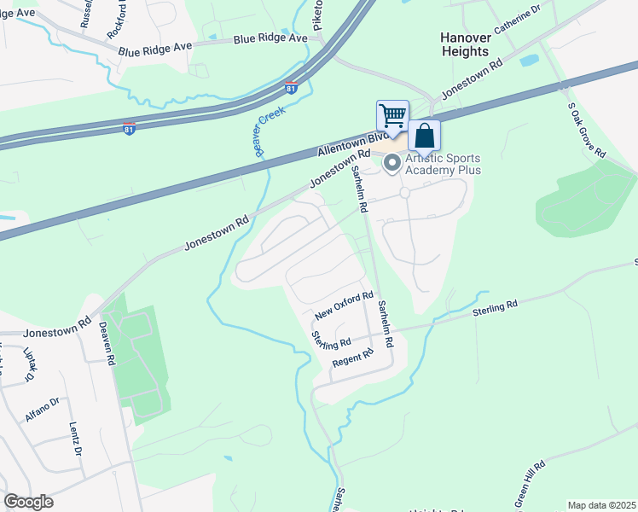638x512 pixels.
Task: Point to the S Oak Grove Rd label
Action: pyautogui.click(x=586, y=130)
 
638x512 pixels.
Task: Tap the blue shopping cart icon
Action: pyautogui.click(x=392, y=114)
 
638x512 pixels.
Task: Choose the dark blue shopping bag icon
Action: pyautogui.click(x=425, y=137)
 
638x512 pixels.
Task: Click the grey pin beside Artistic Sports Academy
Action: pyautogui.click(x=393, y=165)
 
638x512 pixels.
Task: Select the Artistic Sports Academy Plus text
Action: pyautogui.click(x=443, y=164)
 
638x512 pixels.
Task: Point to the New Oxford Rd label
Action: pyautogui.click(x=344, y=305)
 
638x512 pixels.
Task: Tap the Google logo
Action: pyautogui.click(x=28, y=502)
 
